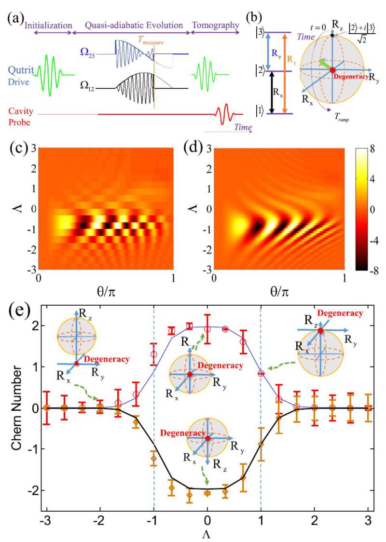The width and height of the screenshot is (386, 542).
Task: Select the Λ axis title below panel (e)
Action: [x=207, y=534]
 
